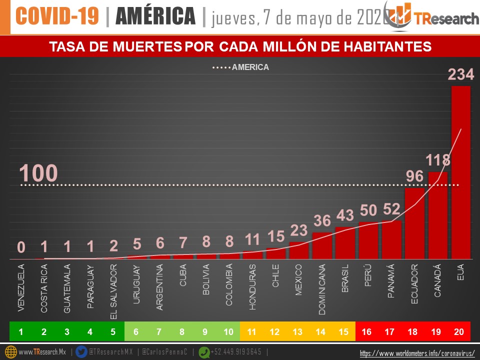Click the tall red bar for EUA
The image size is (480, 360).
[x=460, y=172]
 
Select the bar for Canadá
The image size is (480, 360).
[x=437, y=215]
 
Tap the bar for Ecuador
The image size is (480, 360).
[x=414, y=223]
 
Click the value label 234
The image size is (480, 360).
[x=460, y=75]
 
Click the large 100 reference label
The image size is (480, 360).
[x=38, y=173]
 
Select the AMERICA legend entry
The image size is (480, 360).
[x=241, y=67]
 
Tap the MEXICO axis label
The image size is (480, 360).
[x=299, y=280]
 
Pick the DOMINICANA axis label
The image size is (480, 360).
[x=322, y=289]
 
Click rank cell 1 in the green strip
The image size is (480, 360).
[x=21, y=331]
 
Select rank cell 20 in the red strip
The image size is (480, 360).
[x=460, y=331]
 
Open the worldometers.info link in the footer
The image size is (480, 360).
[x=417, y=353]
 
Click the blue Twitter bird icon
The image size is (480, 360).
[x=81, y=352]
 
